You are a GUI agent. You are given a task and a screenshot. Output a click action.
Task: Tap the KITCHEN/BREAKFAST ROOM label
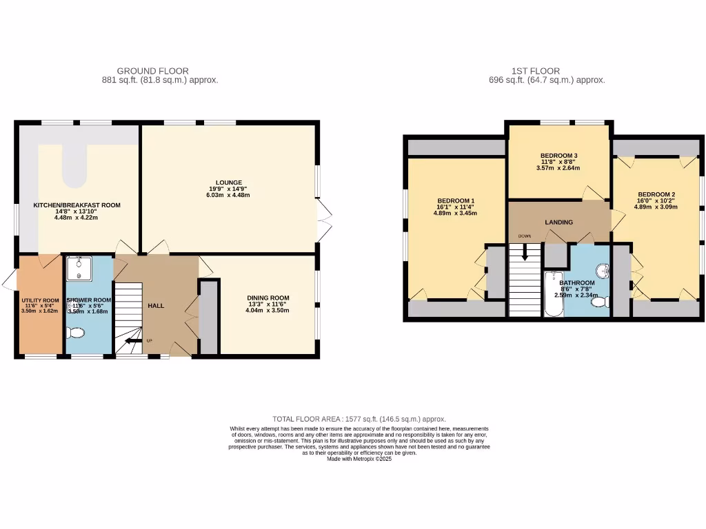77,205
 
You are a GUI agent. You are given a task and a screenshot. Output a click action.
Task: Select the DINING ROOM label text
268,298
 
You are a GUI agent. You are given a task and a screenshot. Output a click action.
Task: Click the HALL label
156,305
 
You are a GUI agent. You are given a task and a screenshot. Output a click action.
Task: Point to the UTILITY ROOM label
41,301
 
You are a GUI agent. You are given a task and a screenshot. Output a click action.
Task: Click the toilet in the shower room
75,333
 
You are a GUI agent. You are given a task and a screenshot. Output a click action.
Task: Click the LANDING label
558,222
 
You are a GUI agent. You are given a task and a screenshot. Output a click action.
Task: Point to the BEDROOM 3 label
558,156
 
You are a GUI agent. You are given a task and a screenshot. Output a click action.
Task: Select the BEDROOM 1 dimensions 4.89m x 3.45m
455,213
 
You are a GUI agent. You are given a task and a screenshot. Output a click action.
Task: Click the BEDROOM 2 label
656,194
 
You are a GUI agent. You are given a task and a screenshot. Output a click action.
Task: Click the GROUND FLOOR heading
152,71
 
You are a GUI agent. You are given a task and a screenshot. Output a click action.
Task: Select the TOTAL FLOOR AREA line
359,419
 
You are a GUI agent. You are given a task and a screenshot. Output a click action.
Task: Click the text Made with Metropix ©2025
359,459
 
